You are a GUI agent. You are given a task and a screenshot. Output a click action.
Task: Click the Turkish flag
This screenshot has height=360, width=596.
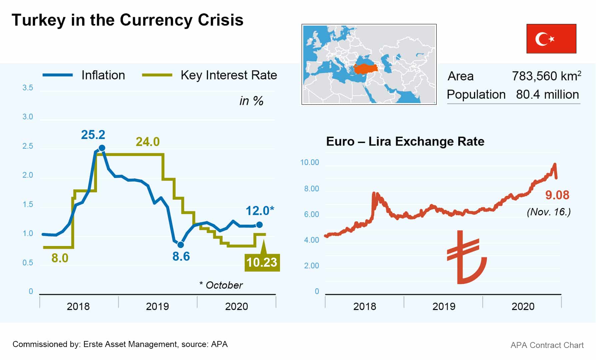[551, 39]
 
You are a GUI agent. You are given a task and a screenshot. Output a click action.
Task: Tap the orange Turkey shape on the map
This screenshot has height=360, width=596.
[366, 69]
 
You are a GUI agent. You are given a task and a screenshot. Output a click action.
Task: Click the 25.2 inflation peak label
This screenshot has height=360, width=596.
[93, 135]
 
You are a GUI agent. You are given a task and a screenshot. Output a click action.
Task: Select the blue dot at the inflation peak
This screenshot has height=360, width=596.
[102, 148]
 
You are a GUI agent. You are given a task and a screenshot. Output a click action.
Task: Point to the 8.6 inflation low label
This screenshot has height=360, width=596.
[181, 256]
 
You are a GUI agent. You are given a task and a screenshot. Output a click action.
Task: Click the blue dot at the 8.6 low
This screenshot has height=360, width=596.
[181, 245]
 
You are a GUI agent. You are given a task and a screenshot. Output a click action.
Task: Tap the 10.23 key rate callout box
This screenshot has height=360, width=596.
[262, 262]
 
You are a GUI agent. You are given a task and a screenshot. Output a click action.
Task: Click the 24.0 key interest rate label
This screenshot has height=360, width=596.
[147, 142]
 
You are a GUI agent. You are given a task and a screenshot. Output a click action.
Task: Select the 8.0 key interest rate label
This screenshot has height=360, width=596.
[60, 258]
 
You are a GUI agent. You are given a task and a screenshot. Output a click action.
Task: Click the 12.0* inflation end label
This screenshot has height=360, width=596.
[260, 211]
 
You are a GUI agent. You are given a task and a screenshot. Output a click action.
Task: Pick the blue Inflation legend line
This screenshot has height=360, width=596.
[58, 75]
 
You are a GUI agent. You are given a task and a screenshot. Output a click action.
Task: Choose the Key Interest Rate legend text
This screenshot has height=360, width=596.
[229, 75]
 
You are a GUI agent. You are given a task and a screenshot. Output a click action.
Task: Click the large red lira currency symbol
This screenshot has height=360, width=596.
[466, 257]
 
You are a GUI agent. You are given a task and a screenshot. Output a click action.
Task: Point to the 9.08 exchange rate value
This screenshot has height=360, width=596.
[557, 195]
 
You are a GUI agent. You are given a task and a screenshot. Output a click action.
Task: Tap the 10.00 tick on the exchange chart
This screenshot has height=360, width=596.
[309, 163]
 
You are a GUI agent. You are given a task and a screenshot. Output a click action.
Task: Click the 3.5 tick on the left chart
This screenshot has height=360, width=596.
[28, 88]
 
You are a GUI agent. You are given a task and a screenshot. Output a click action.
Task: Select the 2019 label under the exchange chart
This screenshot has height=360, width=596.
[444, 306]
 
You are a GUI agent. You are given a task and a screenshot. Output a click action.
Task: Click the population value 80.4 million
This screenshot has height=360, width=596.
[547, 95]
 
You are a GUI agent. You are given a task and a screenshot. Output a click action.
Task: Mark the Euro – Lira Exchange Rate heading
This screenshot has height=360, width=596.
[405, 141]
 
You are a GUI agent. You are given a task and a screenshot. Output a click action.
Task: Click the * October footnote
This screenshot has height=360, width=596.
[221, 285]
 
